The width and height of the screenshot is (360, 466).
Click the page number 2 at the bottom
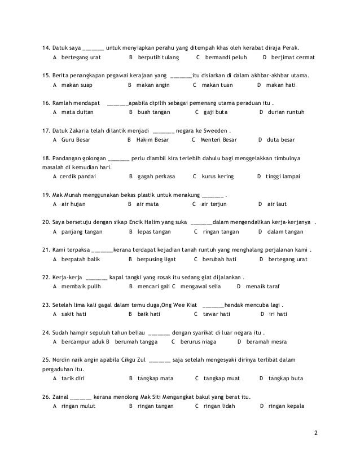coord(316,433)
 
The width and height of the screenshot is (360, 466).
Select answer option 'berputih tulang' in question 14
coord(158,58)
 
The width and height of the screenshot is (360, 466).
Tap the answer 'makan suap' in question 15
coord(76,85)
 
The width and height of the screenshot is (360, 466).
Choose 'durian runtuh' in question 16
coord(286,112)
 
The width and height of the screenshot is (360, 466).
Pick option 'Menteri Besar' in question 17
coord(219,139)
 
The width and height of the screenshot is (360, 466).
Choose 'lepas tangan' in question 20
coord(156,231)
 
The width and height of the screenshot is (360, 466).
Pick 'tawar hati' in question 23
coord(217,314)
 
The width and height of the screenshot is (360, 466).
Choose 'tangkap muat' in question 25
coord(221,378)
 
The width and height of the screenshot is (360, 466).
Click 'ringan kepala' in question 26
coord(287,406)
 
